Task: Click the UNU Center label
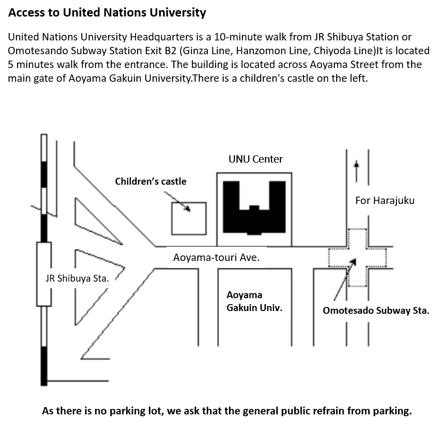(x=256, y=159)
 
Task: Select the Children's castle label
(x=151, y=181)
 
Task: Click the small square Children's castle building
(x=189, y=219)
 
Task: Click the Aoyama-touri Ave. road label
(x=216, y=258)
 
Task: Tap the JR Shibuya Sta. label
(x=77, y=278)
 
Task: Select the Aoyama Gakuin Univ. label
(x=254, y=301)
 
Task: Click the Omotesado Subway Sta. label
(x=376, y=311)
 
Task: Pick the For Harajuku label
(x=384, y=200)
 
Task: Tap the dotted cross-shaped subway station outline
(x=357, y=257)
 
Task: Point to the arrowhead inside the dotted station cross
(x=353, y=261)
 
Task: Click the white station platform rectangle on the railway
(x=44, y=274)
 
